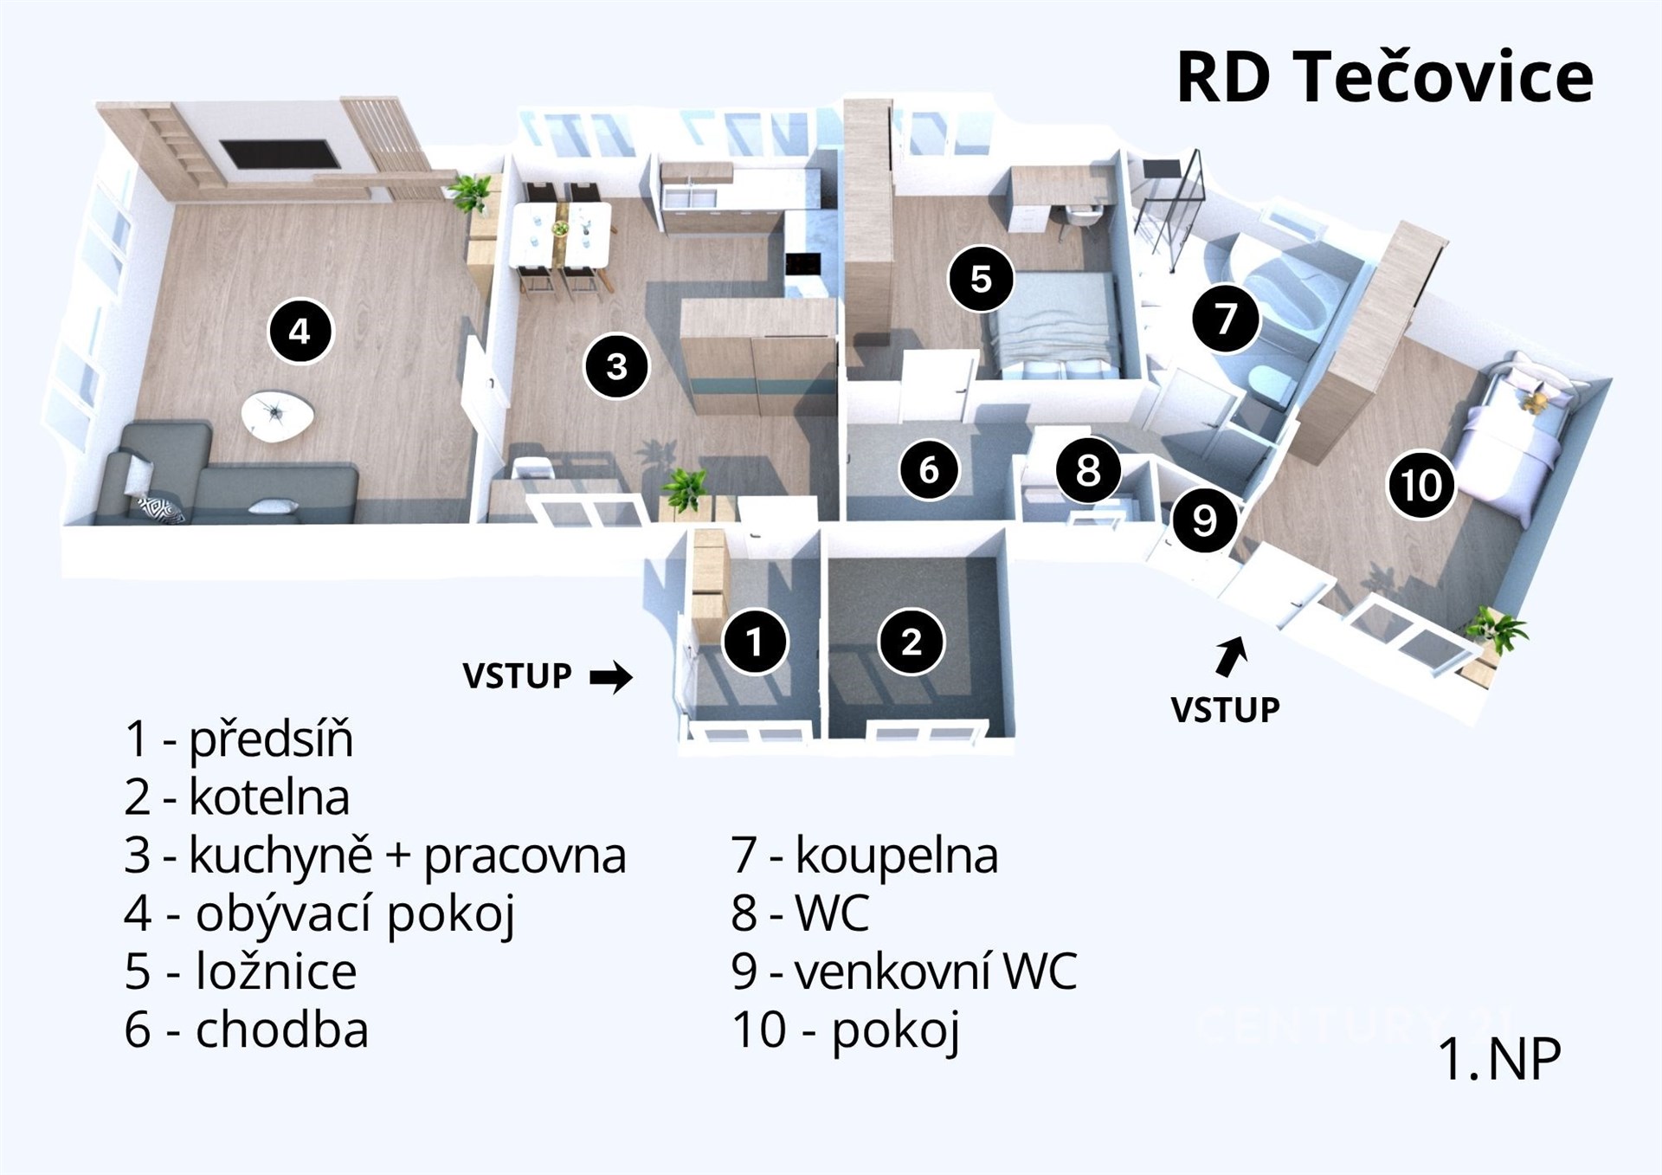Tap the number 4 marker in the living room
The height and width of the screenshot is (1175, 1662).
tap(300, 331)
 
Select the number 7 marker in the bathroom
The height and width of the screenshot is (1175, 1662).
tap(1225, 319)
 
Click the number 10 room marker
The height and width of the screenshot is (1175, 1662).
tap(1420, 485)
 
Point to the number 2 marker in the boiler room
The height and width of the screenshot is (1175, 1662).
tap(911, 642)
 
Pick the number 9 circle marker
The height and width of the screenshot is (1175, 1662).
tap(1204, 520)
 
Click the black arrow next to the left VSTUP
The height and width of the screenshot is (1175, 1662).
tap(611, 677)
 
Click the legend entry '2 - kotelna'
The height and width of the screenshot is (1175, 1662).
tap(236, 797)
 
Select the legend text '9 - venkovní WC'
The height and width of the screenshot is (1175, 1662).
tap(904, 972)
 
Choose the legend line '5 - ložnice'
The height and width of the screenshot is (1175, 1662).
tap(240, 972)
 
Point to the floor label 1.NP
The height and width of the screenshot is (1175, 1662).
tap(1499, 1058)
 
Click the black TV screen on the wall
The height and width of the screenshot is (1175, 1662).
tap(280, 156)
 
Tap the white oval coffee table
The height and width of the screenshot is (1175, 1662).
tap(278, 416)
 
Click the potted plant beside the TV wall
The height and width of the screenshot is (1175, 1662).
tap(470, 192)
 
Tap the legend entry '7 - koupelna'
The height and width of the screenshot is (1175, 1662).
tap(865, 855)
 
